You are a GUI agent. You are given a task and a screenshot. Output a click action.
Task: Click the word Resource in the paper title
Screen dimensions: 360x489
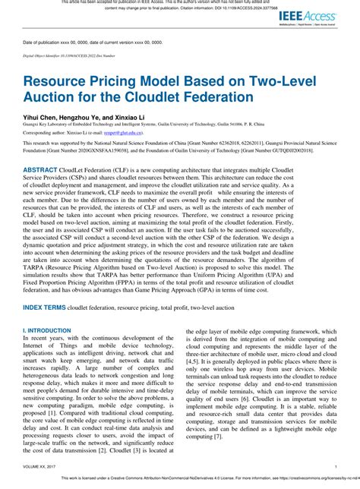pos(62,82)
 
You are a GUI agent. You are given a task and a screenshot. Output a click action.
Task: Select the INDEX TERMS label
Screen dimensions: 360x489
pos(44,306)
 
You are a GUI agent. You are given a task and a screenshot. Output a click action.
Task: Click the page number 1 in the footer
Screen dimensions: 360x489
pos(335,465)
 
